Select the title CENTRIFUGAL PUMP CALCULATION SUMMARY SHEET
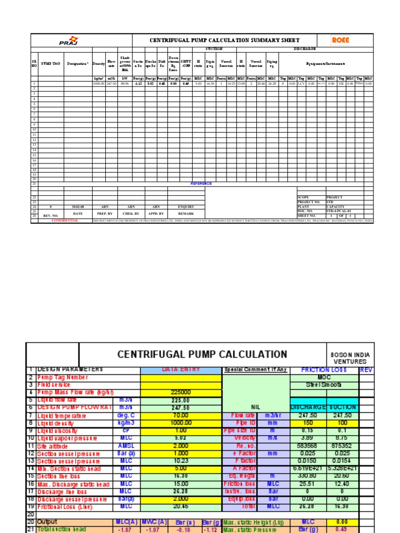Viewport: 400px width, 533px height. click(x=224, y=40)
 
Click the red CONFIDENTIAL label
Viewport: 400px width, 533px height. click(x=65, y=221)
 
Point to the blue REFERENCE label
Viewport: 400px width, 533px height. click(x=201, y=183)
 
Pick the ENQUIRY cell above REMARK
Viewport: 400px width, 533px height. click(x=186, y=207)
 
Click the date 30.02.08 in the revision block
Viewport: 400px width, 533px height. click(x=78, y=207)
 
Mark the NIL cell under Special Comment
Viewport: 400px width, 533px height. click(x=255, y=408)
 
